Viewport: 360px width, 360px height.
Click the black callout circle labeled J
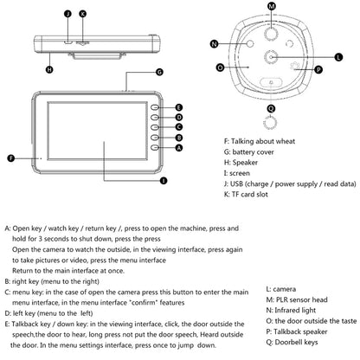pyautogui.click(x=67, y=14)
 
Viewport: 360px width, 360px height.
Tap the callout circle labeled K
pyautogui.click(x=83, y=14)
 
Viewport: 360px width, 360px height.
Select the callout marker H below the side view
pyautogui.click(x=49, y=69)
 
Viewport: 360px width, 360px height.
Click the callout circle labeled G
pyautogui.click(x=159, y=72)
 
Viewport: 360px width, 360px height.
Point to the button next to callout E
pyautogui.click(x=155, y=107)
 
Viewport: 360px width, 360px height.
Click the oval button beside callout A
pyautogui.click(x=155, y=148)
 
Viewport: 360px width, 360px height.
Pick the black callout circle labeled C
pyautogui.click(x=179, y=127)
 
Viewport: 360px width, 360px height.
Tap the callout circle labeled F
pyautogui.click(x=11, y=158)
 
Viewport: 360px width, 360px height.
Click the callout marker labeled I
pyautogui.click(x=164, y=181)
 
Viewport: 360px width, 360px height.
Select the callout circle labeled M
pyautogui.click(x=272, y=6)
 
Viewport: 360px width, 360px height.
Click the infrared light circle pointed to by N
pyautogui.click(x=250, y=43)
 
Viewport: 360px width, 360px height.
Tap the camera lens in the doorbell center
pyautogui.click(x=271, y=57)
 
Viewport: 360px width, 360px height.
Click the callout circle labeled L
pyautogui.click(x=338, y=57)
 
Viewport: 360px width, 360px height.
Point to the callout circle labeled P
pyautogui.click(x=318, y=69)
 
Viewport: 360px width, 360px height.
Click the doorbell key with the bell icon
pyautogui.click(x=271, y=82)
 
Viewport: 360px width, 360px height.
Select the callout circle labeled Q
pyautogui.click(x=271, y=108)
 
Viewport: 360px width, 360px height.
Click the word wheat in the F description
pyautogui.click(x=286, y=141)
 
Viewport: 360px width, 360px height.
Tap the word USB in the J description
pyautogui.click(x=236, y=183)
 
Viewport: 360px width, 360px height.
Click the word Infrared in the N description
pyautogui.click(x=286, y=311)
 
